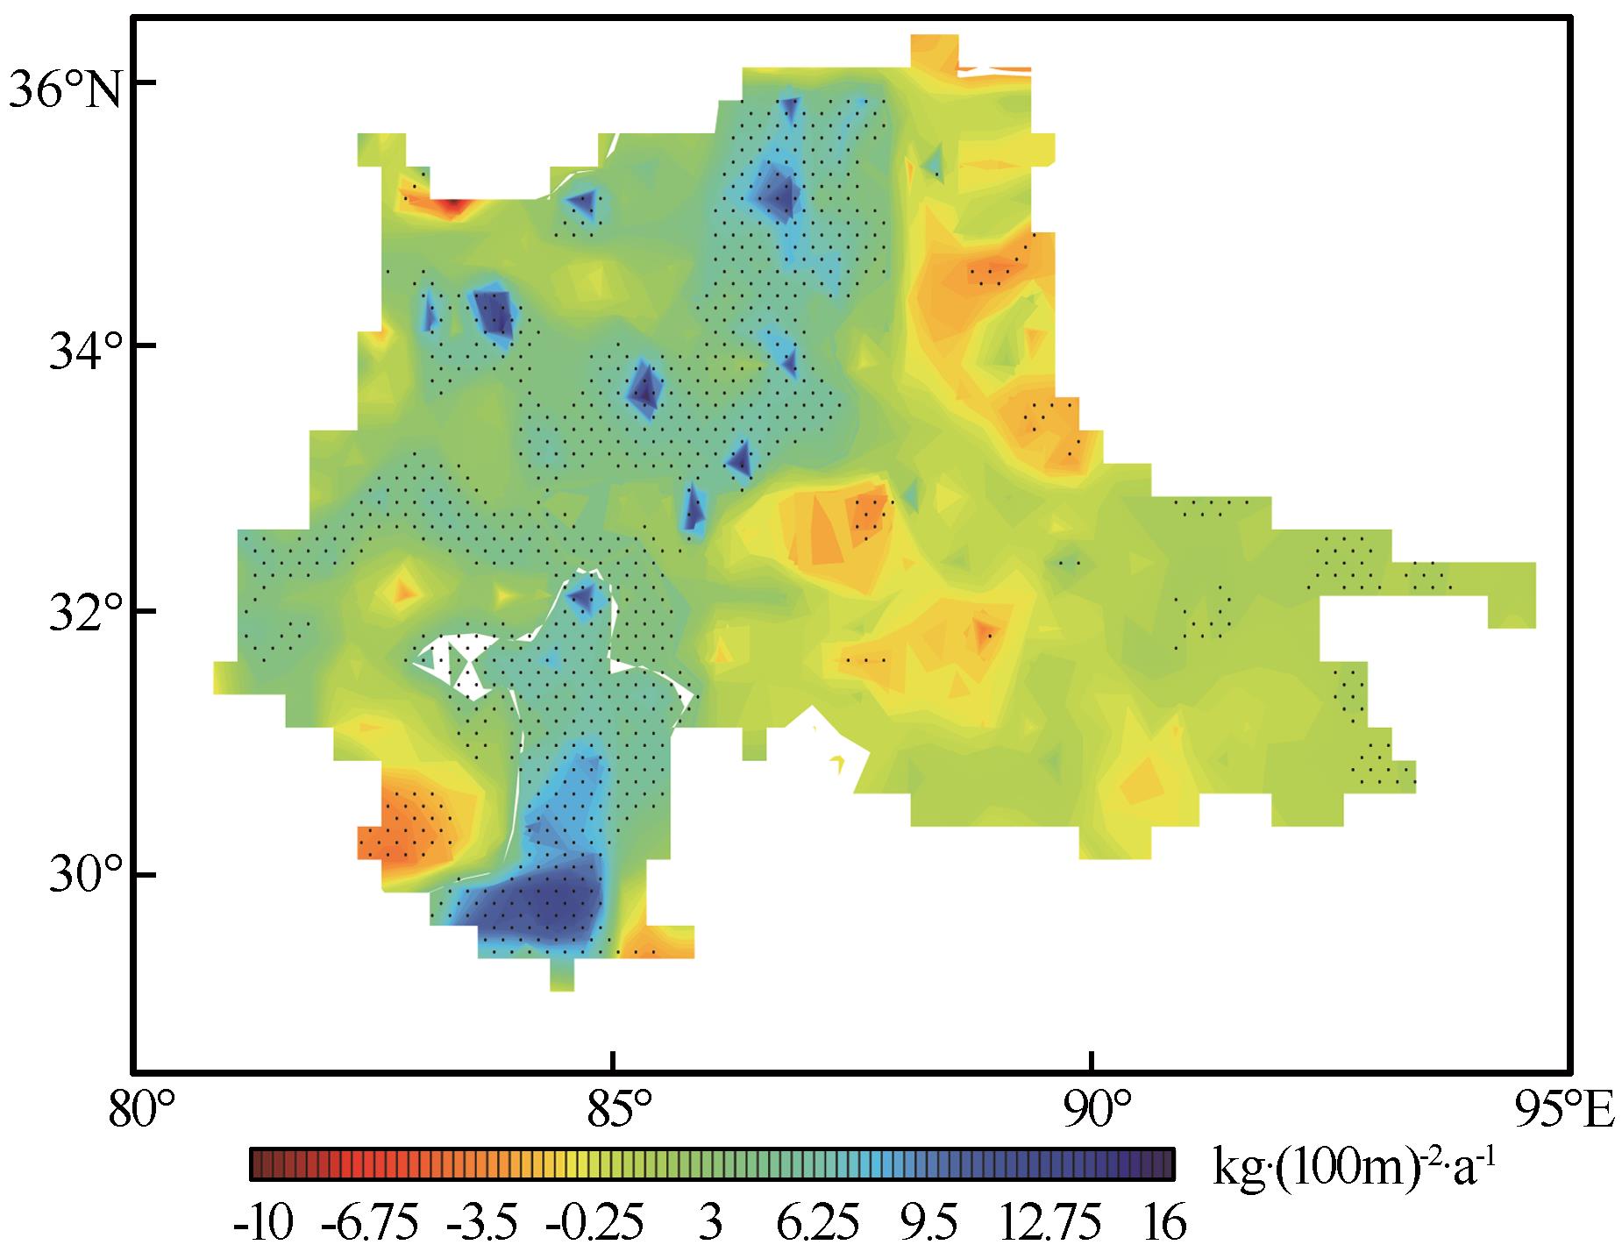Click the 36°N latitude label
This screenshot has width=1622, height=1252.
click(x=66, y=88)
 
